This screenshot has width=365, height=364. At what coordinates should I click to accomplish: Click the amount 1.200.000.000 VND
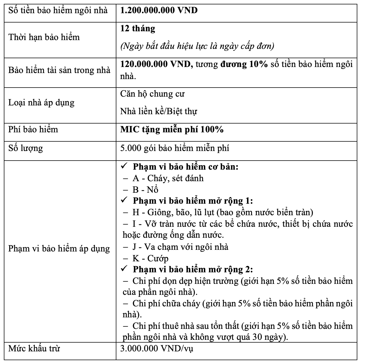159,10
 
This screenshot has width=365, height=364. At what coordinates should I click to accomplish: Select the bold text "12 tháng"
138,29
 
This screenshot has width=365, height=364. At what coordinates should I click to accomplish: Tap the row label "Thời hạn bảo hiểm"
44,37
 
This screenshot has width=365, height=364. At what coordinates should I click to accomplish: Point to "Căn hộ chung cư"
152,94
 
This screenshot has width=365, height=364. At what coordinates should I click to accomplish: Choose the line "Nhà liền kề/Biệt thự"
159,111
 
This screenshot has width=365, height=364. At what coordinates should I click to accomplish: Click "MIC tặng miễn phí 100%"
172,129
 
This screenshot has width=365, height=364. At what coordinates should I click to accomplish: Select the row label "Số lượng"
26,148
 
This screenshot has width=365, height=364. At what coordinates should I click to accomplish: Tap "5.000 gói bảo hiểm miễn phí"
175,148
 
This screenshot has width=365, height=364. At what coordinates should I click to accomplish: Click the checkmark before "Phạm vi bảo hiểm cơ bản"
124,166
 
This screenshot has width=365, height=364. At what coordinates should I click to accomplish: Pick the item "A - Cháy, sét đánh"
168,178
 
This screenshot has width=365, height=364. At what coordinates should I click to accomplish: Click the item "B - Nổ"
145,190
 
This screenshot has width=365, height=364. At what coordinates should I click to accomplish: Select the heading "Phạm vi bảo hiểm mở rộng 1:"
193,201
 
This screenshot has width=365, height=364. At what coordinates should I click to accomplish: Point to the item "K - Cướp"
150,258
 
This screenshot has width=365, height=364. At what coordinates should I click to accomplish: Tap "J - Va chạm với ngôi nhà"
180,247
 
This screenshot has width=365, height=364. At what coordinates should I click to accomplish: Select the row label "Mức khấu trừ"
34,349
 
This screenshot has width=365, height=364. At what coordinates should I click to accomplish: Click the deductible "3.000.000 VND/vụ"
157,349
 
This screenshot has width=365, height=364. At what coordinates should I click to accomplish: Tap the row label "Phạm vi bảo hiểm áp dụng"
59,249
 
